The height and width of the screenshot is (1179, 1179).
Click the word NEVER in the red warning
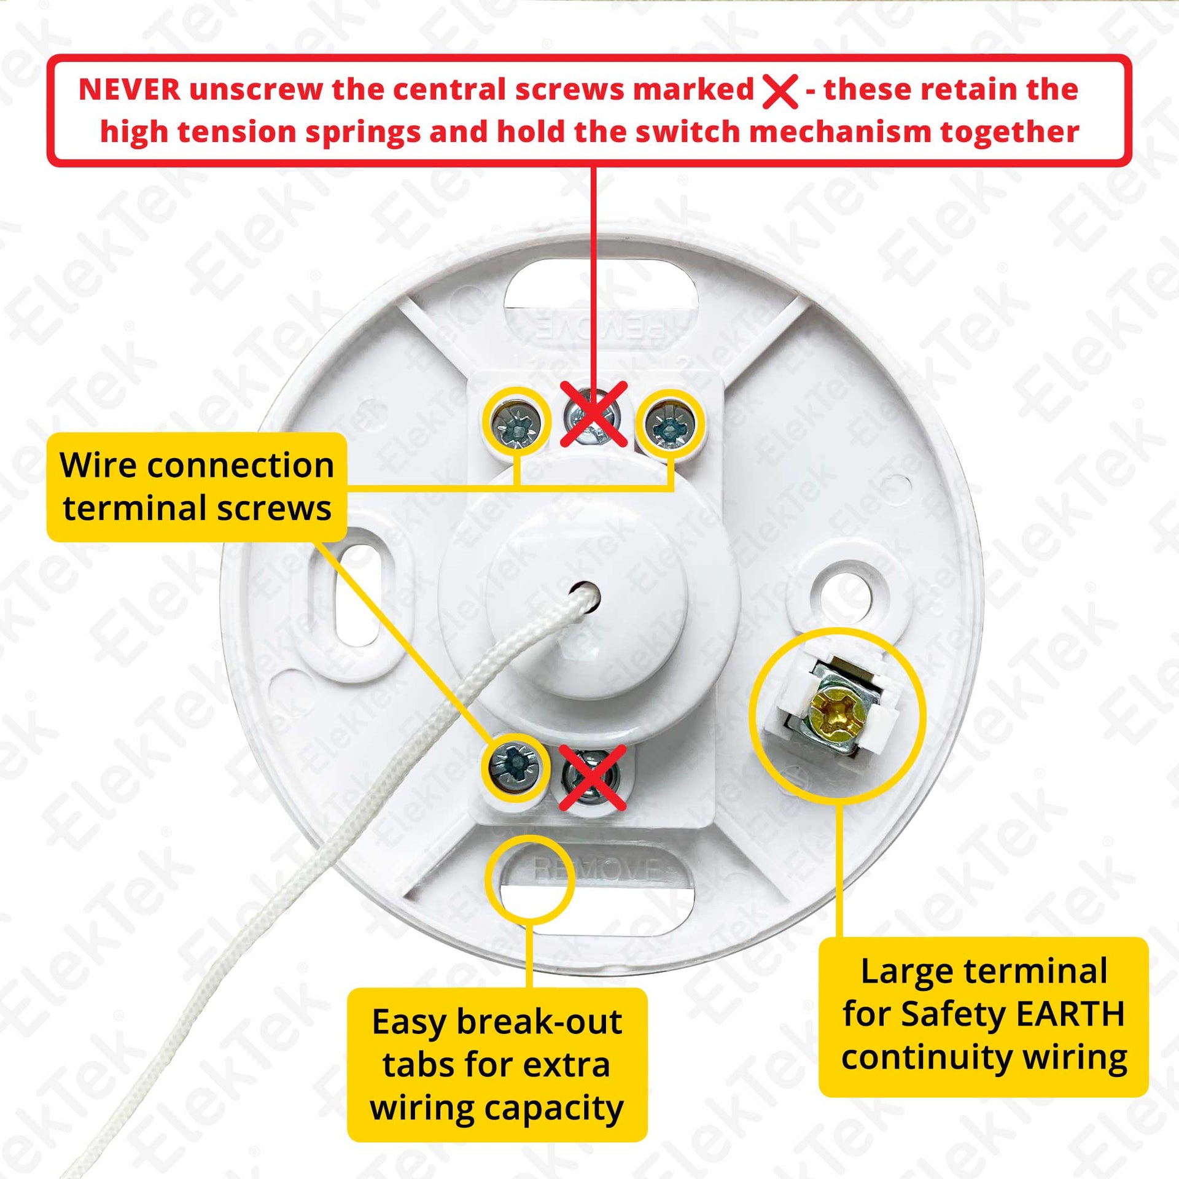point(130,90)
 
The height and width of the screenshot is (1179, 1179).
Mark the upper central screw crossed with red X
point(593,415)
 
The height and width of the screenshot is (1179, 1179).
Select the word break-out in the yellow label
point(540,1022)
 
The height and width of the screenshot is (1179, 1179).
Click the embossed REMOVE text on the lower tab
point(596,870)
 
